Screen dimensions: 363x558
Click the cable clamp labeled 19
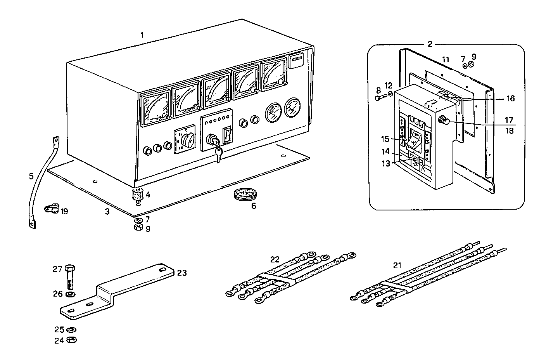(x=51, y=209)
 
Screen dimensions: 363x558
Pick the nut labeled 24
(x=72, y=340)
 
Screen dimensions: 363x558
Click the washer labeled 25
(x=71, y=330)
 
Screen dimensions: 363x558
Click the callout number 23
(x=182, y=273)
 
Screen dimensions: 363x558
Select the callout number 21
(x=397, y=266)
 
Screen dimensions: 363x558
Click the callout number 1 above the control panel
(x=142, y=35)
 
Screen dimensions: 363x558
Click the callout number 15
(x=384, y=139)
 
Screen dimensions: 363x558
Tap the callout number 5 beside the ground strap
(x=31, y=176)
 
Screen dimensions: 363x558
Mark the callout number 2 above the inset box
(x=430, y=44)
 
